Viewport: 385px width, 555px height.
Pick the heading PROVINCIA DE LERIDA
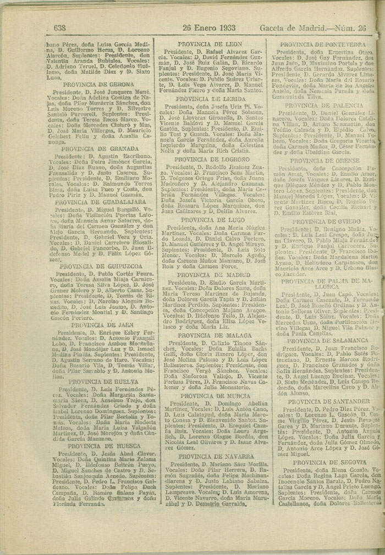[211, 99]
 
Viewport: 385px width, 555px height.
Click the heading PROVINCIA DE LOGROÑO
[211, 159]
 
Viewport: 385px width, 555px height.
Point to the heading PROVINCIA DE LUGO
[212, 220]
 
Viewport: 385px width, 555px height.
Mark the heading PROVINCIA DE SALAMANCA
[327, 340]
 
